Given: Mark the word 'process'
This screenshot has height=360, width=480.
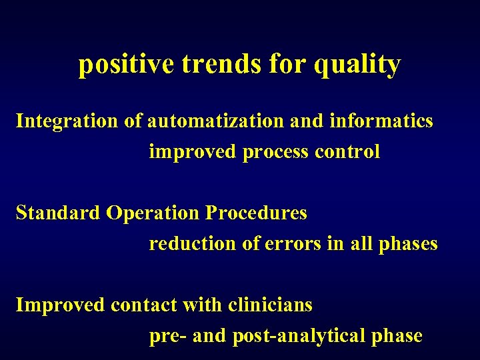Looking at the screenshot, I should coord(275,152).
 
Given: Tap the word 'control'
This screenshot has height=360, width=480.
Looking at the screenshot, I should coord(347,152).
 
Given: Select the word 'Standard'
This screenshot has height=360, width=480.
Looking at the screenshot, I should coord(58,213).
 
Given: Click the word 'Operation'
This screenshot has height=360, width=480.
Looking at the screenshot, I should coord(153,213).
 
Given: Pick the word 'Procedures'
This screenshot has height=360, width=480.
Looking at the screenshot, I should coord(256,213).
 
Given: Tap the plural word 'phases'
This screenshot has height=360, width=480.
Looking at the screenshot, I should coord(408,244).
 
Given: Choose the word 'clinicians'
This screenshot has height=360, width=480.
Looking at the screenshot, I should coord(270,305).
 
